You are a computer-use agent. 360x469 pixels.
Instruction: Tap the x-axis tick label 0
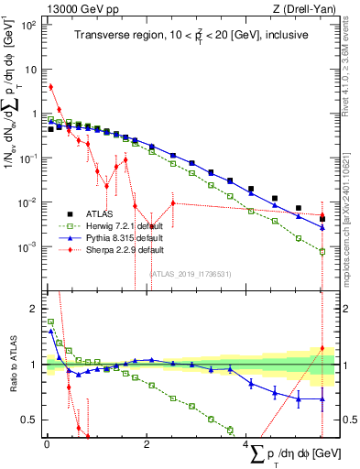tap(46, 444)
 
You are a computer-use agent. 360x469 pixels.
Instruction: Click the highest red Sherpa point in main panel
tap(51, 87)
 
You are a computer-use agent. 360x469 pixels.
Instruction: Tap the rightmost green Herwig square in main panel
tap(322, 252)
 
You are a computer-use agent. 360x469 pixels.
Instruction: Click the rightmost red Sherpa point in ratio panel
tap(322, 348)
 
